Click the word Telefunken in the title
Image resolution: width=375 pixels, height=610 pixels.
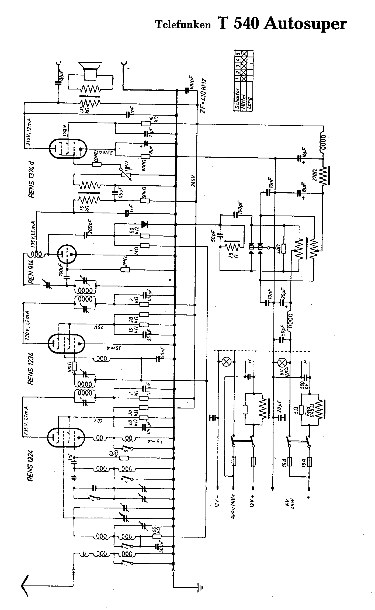point(183,25)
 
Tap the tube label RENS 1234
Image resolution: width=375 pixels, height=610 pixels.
point(30,368)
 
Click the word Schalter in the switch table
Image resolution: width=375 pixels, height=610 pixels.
point(237,98)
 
